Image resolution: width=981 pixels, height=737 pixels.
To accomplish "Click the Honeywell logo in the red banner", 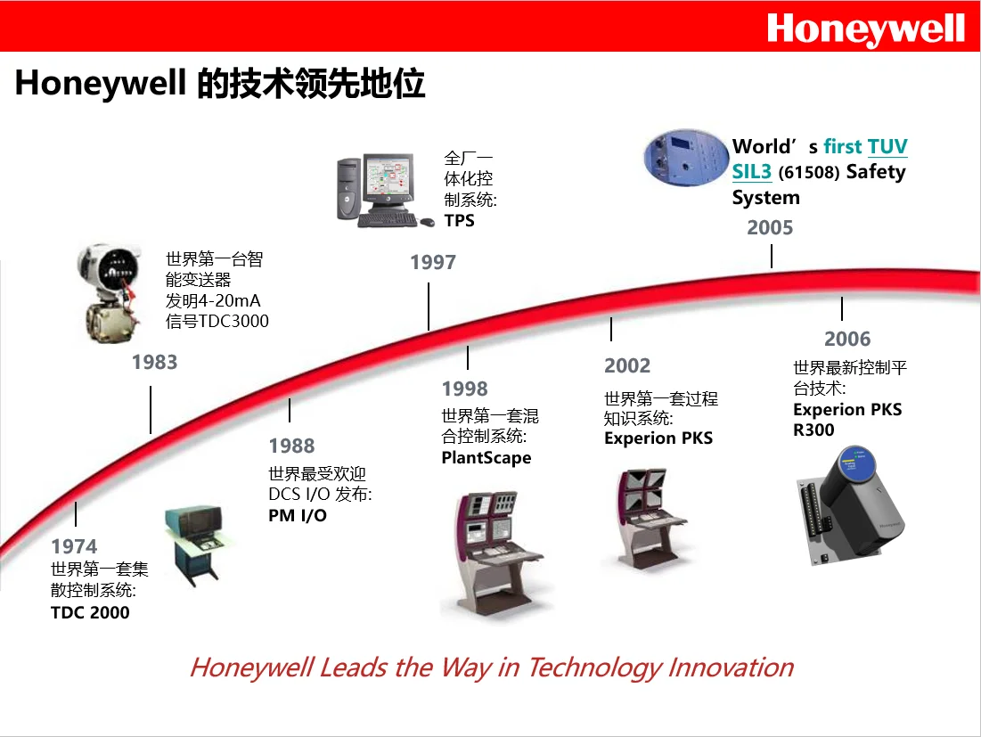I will (x=865, y=29).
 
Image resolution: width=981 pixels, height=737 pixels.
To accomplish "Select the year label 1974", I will (x=74, y=546).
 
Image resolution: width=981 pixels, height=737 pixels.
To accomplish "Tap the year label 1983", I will (x=155, y=362).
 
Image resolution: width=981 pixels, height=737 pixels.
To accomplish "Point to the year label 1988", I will (x=292, y=446).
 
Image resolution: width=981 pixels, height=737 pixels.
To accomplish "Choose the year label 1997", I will (x=433, y=262).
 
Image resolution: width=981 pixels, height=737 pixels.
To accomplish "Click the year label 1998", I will (x=465, y=389).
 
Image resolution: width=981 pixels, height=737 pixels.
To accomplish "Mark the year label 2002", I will (x=627, y=365).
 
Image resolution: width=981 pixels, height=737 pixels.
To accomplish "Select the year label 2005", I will (x=770, y=227).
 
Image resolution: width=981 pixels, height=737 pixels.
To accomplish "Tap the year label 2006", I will (x=847, y=339).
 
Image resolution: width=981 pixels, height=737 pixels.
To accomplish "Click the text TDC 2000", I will (x=90, y=612).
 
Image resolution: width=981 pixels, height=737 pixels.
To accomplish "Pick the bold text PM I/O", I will (x=298, y=515).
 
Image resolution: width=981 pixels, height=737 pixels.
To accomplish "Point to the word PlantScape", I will (x=486, y=458).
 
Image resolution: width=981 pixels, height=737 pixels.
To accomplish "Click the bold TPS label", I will (x=460, y=220).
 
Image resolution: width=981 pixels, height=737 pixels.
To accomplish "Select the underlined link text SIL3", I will (x=751, y=172).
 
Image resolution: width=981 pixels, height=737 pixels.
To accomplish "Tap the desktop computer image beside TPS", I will (x=378, y=190).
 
